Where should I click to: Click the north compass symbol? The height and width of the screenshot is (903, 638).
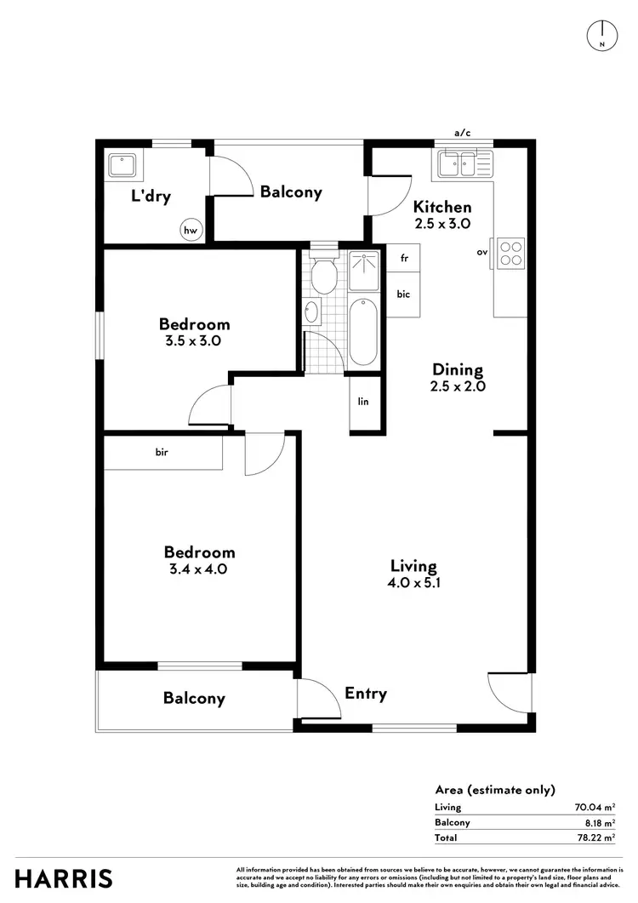point(601,34)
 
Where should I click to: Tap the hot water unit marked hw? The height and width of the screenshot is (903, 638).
point(191,229)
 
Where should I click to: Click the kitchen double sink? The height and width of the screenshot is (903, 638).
point(460,163)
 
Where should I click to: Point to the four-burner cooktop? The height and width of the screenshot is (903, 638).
point(511,252)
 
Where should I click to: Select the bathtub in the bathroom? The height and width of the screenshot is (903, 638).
point(363,331)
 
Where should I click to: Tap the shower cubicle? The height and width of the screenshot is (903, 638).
point(367,269)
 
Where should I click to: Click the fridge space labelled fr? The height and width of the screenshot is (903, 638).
point(404,258)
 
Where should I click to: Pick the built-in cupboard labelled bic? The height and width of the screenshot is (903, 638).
point(404,294)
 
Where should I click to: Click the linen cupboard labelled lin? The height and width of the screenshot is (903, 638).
point(364,402)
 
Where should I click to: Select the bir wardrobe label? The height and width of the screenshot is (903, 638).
point(162,452)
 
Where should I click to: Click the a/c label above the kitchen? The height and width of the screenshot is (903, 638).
point(462,133)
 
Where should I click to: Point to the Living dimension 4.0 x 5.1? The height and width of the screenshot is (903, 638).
point(413,584)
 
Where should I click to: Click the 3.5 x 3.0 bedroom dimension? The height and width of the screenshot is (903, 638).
point(195,340)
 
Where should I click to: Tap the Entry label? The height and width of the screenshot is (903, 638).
point(366,694)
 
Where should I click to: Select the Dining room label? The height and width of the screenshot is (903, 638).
point(458,369)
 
